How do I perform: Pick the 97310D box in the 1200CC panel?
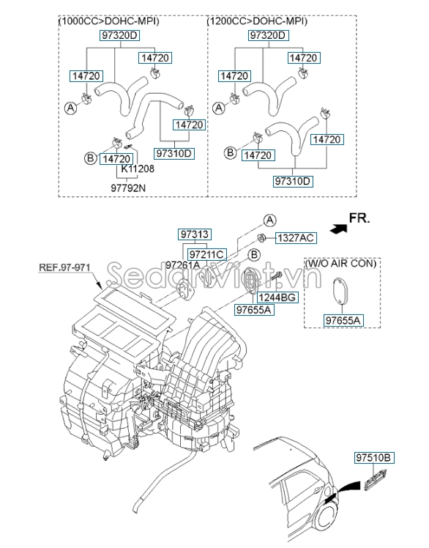(x=292, y=181)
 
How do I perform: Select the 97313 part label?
(x=194, y=234)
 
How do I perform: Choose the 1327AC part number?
(x=295, y=237)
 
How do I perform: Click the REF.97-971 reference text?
(x=64, y=268)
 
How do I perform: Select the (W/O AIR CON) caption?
(x=341, y=263)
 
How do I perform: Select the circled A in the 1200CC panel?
(x=218, y=107)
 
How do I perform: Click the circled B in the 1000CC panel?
(x=90, y=158)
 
